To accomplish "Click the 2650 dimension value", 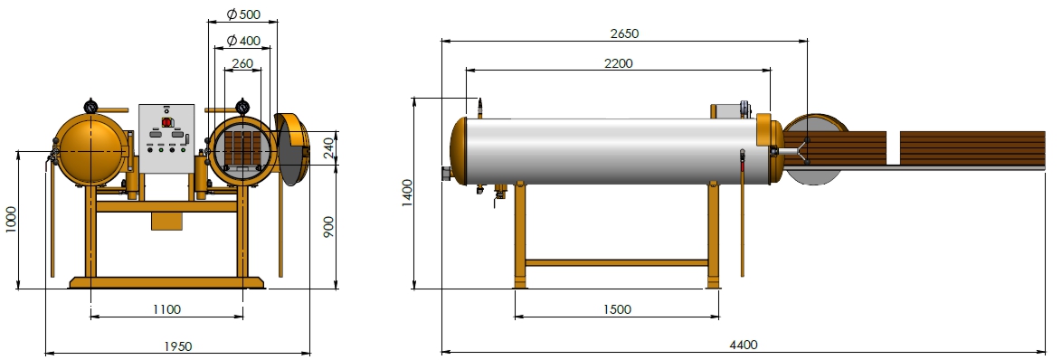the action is [x=624, y=33].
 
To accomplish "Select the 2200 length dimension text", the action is [x=619, y=63].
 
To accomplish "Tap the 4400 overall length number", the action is [x=743, y=346].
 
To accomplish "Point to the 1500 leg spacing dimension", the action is [x=616, y=309].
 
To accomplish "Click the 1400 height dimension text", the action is [x=408, y=193].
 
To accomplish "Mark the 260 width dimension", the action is [x=242, y=64].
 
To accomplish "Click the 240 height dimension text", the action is [x=328, y=147].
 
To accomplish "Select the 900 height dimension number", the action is [x=328, y=227].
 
